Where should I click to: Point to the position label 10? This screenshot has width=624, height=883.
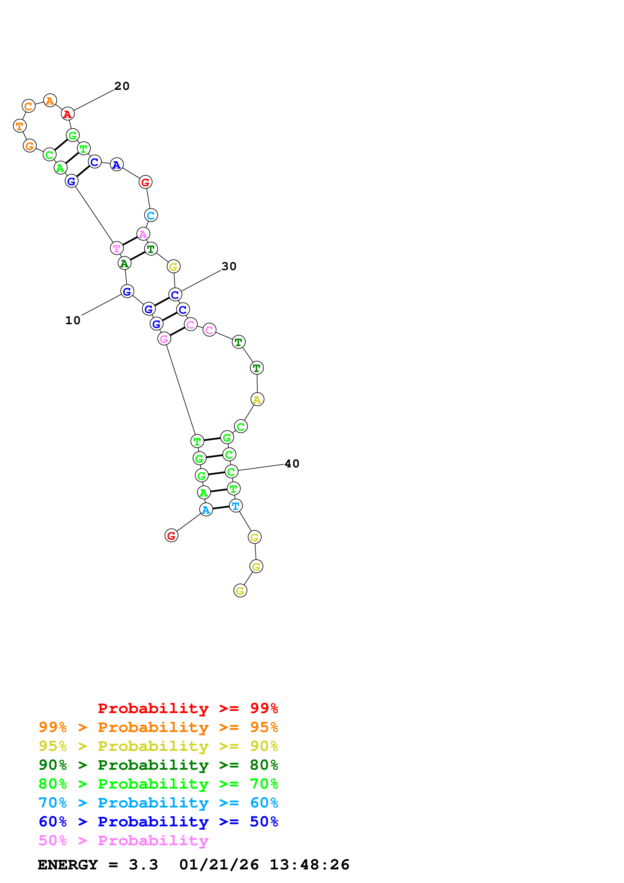pyautogui.click(x=73, y=320)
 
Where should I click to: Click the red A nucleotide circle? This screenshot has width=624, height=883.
pyautogui.click(x=68, y=114)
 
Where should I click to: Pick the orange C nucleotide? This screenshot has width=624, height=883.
pyautogui.click(x=28, y=106)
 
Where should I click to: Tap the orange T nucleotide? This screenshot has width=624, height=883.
pyautogui.click(x=20, y=126)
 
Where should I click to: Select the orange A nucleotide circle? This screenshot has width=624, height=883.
pyautogui.click(x=50, y=101)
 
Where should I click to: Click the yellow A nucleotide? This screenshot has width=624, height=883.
pyautogui.click(x=257, y=399)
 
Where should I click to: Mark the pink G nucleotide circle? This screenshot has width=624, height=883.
pyautogui.click(x=164, y=339)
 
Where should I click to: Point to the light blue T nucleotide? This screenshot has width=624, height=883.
pyautogui.click(x=236, y=506)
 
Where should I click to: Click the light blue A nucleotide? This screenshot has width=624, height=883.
pyautogui.click(x=206, y=509)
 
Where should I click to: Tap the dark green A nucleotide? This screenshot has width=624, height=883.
pyautogui.click(x=124, y=264)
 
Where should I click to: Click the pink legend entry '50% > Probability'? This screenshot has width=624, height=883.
pyautogui.click(x=123, y=840)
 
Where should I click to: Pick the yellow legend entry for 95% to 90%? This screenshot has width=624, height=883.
pyautogui.click(x=158, y=746)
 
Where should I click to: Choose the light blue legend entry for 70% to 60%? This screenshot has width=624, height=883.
pyautogui.click(x=158, y=803)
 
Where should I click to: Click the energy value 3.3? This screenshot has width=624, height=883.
pyautogui.click(x=143, y=865)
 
